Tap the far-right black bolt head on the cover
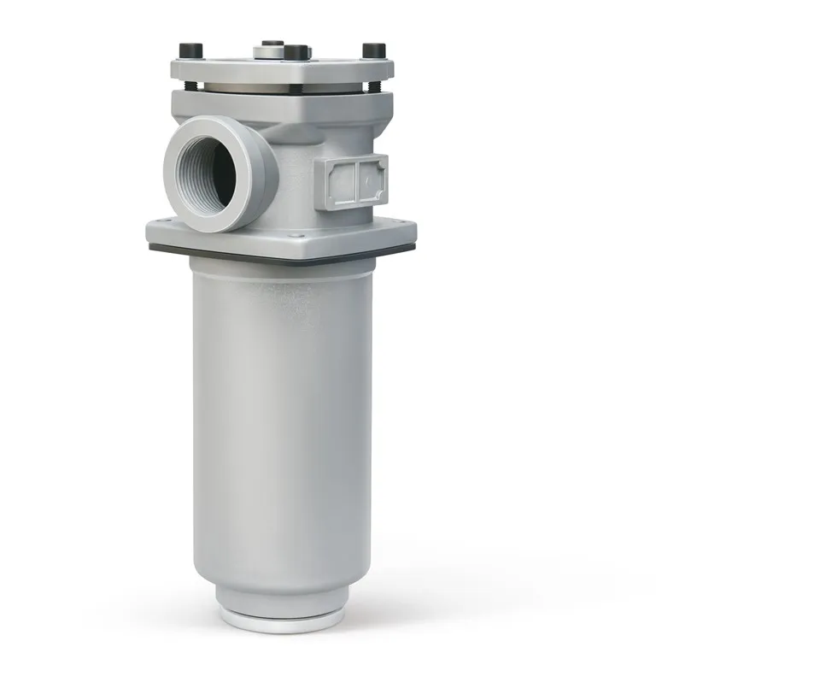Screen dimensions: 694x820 tap(373, 50)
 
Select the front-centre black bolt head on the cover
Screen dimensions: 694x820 tap(296, 53)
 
